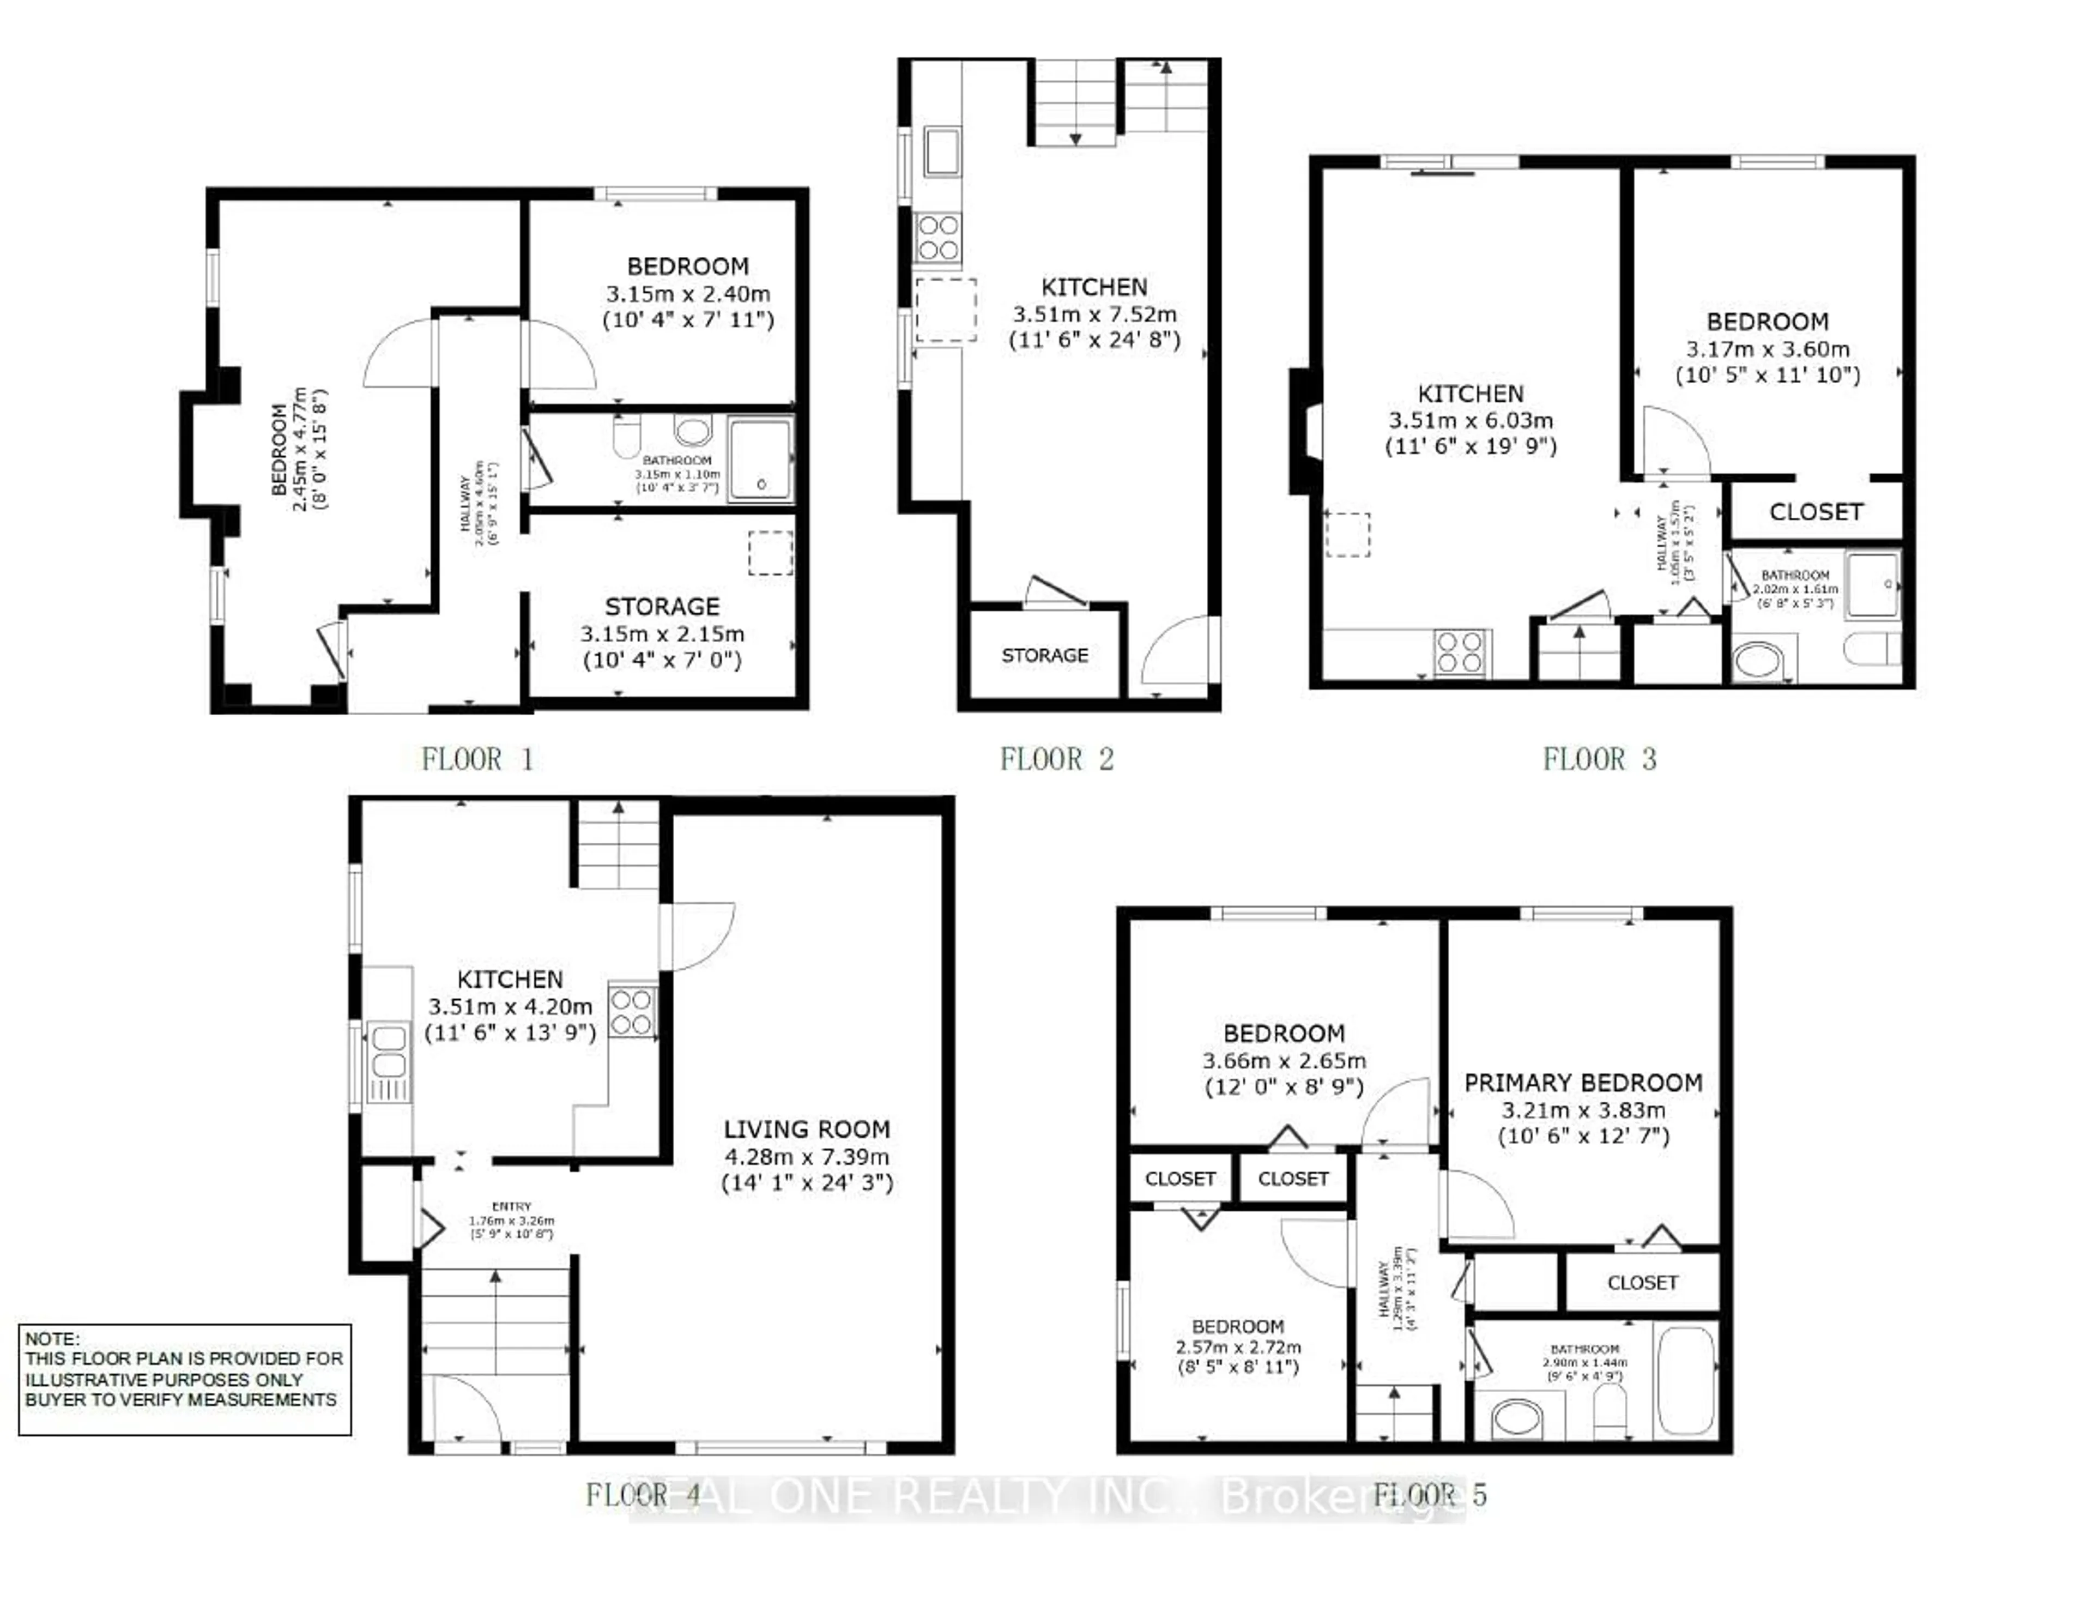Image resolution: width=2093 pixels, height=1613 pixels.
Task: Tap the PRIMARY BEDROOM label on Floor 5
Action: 1583,1083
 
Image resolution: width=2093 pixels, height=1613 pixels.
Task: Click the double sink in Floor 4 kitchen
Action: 388,1052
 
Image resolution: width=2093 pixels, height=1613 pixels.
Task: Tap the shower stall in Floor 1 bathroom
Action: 761,458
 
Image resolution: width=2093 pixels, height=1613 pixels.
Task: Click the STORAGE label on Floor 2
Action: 1044,656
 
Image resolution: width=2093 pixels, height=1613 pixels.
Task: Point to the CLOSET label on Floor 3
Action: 1815,512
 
